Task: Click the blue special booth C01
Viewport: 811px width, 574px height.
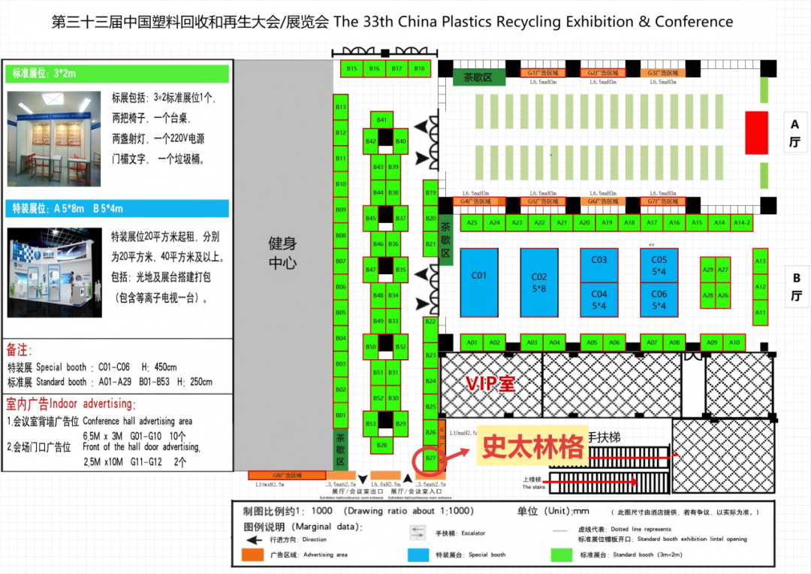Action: [479, 282]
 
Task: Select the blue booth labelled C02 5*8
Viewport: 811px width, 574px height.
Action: [539, 282]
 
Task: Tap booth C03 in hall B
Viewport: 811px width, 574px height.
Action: [598, 261]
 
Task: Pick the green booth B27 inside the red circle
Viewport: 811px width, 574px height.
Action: [431, 458]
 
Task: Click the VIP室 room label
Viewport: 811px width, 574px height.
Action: [490, 383]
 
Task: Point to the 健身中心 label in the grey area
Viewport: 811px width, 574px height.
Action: [283, 253]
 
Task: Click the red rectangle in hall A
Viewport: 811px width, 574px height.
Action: [756, 133]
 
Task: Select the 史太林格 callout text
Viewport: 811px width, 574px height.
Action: [532, 448]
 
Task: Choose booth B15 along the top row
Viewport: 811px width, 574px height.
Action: [352, 68]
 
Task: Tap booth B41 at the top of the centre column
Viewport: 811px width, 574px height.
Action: [381, 119]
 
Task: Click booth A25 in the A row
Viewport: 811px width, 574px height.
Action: [472, 223]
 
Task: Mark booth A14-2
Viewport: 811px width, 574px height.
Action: [742, 223]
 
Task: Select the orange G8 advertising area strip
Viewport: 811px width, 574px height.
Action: [276, 476]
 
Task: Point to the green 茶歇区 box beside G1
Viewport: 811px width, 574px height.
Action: [478, 77]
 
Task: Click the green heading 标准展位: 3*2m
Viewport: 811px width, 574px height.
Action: [119, 74]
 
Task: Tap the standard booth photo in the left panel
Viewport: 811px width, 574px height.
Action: [54, 139]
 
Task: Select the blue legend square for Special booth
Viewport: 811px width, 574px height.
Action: [418, 555]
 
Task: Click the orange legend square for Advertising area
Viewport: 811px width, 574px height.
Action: [252, 555]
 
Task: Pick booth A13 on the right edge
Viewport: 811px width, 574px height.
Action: [760, 261]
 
